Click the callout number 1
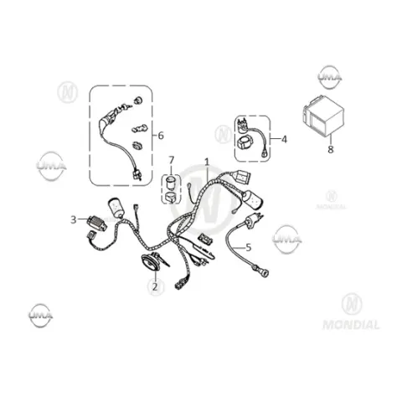tap(207, 162)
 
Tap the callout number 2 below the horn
tap(155, 286)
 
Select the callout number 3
tap(74, 219)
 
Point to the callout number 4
tap(284, 139)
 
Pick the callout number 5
tap(249, 247)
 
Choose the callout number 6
tap(161, 136)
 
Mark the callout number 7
tap(171, 160)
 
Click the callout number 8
tap(331, 149)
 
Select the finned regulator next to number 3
tap(97, 224)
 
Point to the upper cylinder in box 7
tap(170, 181)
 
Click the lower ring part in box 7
tap(171, 197)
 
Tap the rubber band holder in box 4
tap(245, 142)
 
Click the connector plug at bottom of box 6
tap(137, 175)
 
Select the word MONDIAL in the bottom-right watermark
tap(351, 325)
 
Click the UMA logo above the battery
tap(330, 76)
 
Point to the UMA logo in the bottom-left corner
tap(41, 315)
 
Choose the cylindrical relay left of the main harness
tap(116, 208)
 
